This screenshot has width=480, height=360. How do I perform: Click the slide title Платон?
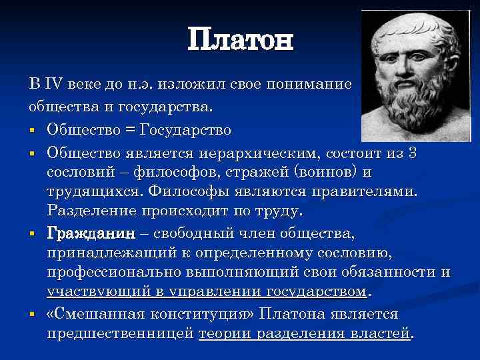click(240, 41)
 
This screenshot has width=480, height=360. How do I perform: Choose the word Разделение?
click(91, 212)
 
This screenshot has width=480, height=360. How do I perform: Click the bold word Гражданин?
click(91, 234)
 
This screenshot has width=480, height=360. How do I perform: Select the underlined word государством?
click(317, 293)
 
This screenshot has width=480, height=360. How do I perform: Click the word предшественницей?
click(121, 333)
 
